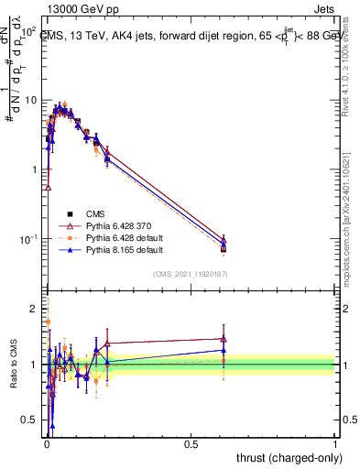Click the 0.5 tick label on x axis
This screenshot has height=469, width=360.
[191, 443]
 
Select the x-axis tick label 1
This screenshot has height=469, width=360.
[335, 443]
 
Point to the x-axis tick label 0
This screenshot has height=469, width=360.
[46, 443]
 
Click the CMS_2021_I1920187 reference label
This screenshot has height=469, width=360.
[190, 273]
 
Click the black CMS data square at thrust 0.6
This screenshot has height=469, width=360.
[224, 249]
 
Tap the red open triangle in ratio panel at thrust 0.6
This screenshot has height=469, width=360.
[224, 339]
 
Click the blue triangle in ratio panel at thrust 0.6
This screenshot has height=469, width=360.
[224, 350]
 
